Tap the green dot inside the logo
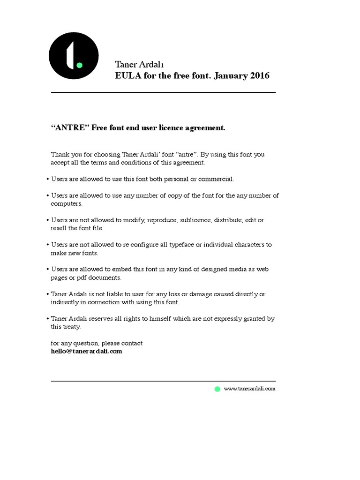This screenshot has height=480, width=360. click(79, 65)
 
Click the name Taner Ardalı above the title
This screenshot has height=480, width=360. click(139, 64)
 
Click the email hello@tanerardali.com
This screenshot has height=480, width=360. click(86, 351)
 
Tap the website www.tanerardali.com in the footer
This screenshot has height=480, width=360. click(249, 389)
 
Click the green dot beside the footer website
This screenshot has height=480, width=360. click(217, 389)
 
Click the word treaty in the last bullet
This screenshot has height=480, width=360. click(72, 327)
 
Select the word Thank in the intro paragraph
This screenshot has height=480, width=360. click(60, 154)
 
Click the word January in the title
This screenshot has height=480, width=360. click(230, 75)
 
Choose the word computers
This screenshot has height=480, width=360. click(66, 204)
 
